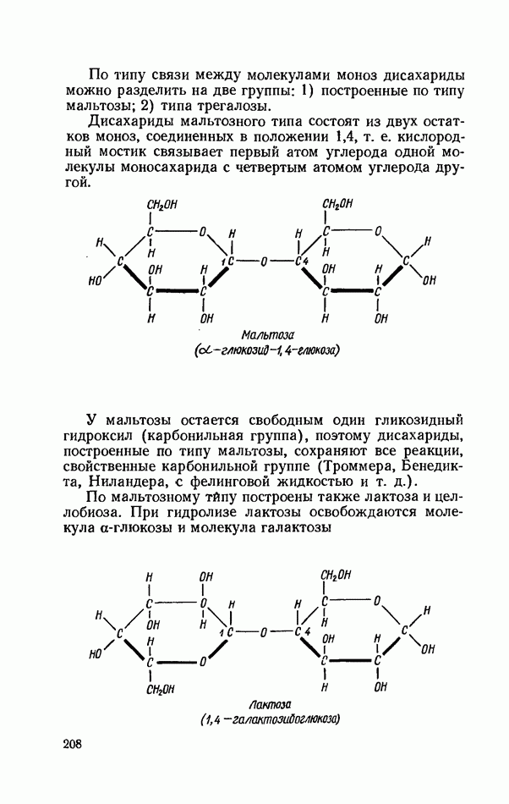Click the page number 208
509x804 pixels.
click(x=72, y=745)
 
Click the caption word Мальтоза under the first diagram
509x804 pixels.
click(x=267, y=335)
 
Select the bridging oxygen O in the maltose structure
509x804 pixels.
click(x=264, y=262)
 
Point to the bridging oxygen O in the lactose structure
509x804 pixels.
click(x=263, y=632)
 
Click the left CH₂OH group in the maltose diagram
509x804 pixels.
click(x=161, y=205)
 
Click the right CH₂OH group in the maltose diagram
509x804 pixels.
click(x=337, y=204)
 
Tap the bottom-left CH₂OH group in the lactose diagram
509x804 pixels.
click(x=161, y=689)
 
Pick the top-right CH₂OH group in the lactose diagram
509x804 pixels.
click(x=336, y=575)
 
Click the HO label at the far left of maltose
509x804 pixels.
click(x=95, y=281)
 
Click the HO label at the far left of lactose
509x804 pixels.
click(x=95, y=654)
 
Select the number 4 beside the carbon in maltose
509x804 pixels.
click(x=306, y=262)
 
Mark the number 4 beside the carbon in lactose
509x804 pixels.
click(x=307, y=631)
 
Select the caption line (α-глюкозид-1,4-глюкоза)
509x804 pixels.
click(x=267, y=351)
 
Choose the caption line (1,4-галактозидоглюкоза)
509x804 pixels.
click(x=271, y=720)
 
